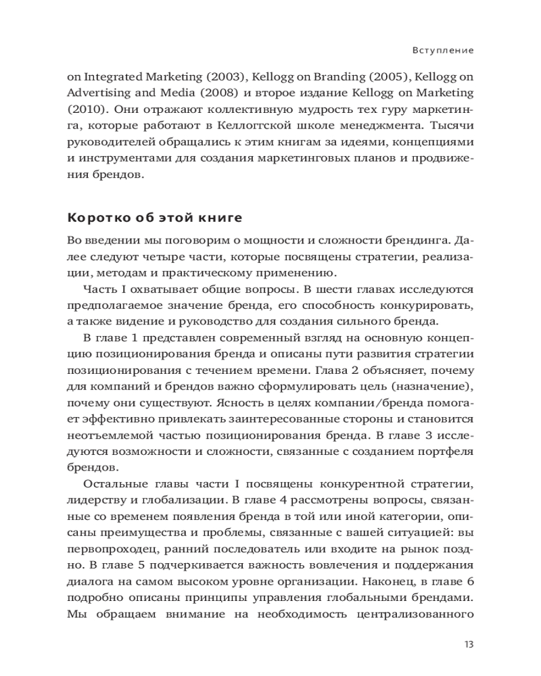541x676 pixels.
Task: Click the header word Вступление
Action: tap(442, 50)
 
